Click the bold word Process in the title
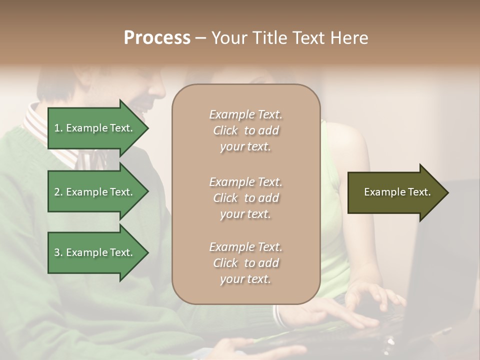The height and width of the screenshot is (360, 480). [x=157, y=38]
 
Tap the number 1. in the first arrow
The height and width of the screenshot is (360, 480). [x=58, y=128]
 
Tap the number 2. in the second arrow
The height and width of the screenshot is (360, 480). [x=58, y=192]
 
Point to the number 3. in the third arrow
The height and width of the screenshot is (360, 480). [x=58, y=252]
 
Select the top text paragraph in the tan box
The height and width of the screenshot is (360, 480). [x=245, y=130]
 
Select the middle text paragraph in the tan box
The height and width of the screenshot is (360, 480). [x=245, y=198]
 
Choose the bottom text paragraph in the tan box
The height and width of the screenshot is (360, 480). [x=245, y=263]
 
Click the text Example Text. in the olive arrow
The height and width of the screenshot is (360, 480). [x=397, y=192]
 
